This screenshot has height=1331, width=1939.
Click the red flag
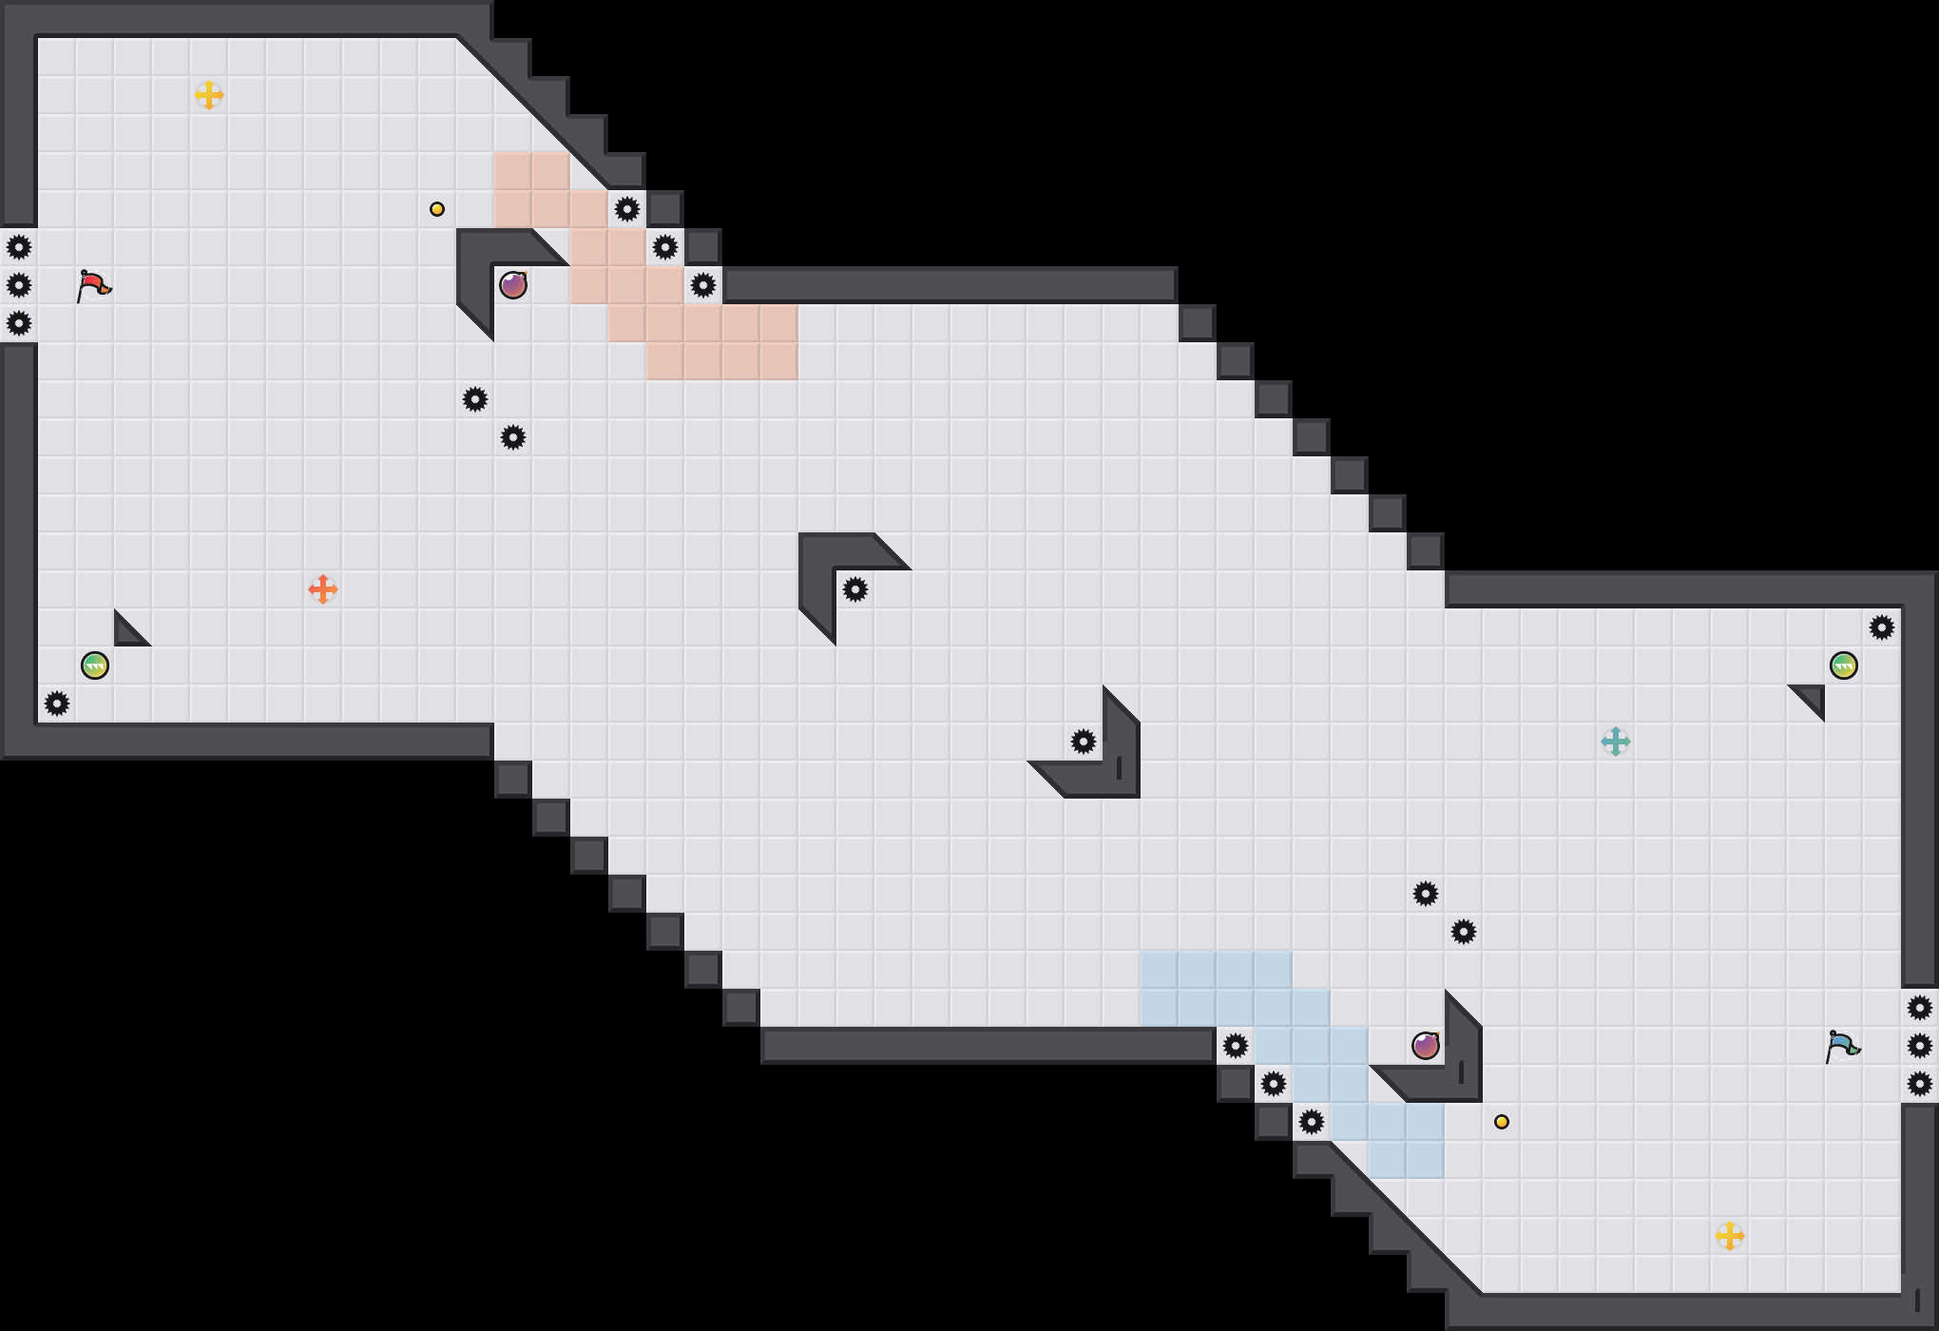coord(93,285)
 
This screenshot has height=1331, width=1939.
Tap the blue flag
coord(1842,1046)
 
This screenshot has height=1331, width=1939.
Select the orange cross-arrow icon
coord(323,589)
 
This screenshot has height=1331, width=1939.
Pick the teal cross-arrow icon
coord(1616,742)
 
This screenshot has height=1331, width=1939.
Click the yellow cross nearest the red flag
coord(209,95)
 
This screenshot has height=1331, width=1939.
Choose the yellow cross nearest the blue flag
coord(1730,1236)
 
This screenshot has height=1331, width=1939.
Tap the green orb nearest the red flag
coord(95,665)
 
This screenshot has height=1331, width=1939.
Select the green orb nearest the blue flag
coord(1844,665)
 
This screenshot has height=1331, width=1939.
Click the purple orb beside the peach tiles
coord(513,285)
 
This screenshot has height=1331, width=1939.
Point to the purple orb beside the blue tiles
coord(1426,1046)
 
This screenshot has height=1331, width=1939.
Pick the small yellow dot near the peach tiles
coord(437,209)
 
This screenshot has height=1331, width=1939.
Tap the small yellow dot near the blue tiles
coord(1502,1122)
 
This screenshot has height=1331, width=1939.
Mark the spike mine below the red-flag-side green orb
coord(57,704)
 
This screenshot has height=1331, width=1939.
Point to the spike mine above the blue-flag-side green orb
coord(1882,627)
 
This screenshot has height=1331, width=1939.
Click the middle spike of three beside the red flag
coord(19,285)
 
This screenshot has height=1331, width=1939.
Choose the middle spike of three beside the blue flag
coord(1920,1046)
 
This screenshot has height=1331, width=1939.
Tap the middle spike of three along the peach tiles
coord(665,247)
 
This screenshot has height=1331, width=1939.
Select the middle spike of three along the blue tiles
coord(1274,1084)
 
